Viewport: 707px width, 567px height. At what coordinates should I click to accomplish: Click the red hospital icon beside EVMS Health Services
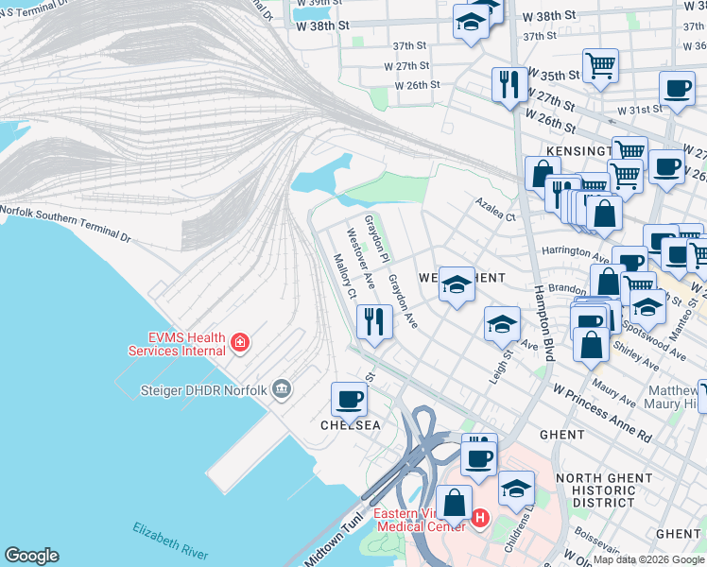point(240,341)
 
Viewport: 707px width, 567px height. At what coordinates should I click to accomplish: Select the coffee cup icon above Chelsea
point(349,400)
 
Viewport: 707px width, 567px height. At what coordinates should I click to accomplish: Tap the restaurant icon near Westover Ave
point(374,322)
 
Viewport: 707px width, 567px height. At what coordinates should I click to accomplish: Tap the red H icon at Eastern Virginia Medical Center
point(480,519)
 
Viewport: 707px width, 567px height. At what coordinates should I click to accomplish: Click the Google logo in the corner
point(31,556)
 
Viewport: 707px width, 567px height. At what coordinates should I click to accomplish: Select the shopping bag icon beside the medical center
point(455,505)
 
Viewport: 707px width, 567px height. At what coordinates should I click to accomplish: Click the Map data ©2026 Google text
point(649,559)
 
